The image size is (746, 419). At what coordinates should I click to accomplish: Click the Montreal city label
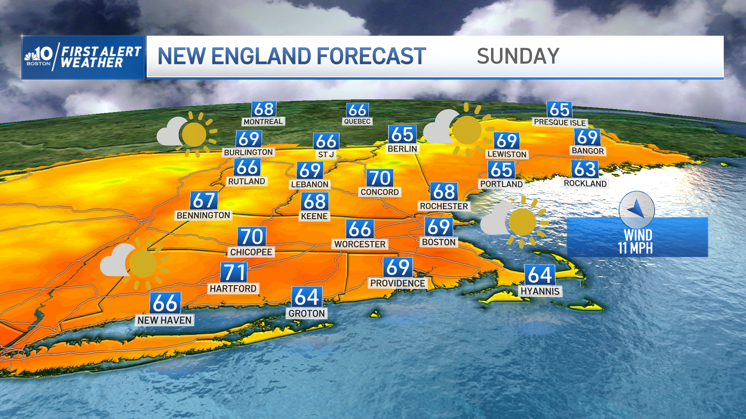(263, 122)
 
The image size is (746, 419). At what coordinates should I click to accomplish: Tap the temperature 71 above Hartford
(234, 272)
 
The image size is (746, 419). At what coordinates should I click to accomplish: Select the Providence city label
(397, 283)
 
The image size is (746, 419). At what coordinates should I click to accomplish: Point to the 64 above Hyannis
(540, 275)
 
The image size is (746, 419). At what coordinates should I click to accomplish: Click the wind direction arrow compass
(636, 209)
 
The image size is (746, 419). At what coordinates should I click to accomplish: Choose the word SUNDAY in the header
(518, 57)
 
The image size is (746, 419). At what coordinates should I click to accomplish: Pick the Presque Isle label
(559, 123)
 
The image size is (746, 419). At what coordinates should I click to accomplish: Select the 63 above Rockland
(585, 170)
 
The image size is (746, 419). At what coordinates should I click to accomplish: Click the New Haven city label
(164, 320)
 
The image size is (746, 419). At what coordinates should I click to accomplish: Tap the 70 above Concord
(380, 178)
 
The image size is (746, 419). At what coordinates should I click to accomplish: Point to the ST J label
(326, 154)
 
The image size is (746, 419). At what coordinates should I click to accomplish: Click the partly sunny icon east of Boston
(513, 222)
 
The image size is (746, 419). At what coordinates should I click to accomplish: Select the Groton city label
(307, 313)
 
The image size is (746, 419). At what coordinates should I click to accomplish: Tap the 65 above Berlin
(402, 135)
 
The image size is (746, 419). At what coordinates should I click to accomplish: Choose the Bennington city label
(203, 215)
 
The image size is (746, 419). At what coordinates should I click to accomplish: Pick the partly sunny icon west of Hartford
(134, 264)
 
